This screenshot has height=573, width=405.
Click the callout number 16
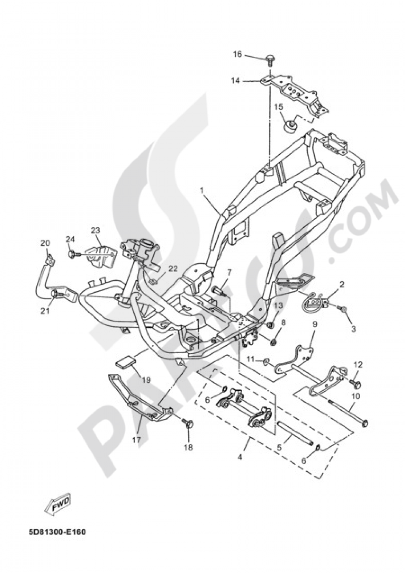[x=237, y=54]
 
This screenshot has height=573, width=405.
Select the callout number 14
[x=236, y=81]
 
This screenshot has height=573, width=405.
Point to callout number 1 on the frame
[x=202, y=190]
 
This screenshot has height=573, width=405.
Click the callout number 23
[x=96, y=230]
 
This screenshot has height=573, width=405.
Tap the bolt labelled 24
[x=73, y=254]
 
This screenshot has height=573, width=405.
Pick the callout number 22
[x=173, y=268]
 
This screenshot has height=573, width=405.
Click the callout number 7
[x=228, y=272]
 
